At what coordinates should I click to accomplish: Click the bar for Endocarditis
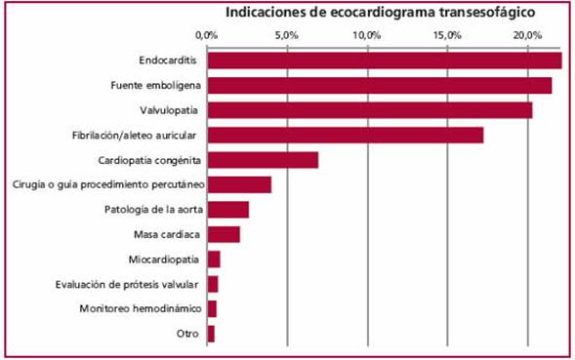pos(384,60)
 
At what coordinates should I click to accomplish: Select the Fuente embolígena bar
pos(379,86)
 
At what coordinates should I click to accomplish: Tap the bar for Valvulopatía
pos(369,110)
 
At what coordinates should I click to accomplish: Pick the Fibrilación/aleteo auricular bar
pos(345,135)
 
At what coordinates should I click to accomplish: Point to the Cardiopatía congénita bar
pos(263,160)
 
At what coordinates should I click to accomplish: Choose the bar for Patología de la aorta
pos(227,210)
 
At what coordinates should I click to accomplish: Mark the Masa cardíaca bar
pos(224,234)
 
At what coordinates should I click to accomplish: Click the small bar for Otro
pos(210,334)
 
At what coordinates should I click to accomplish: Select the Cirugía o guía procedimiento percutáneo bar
pos(239,184)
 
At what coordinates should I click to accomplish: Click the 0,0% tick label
pos(206,35)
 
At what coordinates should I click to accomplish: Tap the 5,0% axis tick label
pos(287,35)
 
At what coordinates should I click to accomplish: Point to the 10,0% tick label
pos(367,35)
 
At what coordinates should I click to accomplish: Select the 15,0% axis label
pos(447,35)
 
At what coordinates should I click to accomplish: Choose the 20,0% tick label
pos(528,35)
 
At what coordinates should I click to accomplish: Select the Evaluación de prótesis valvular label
pos(137,284)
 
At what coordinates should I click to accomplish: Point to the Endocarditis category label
pos(168,60)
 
